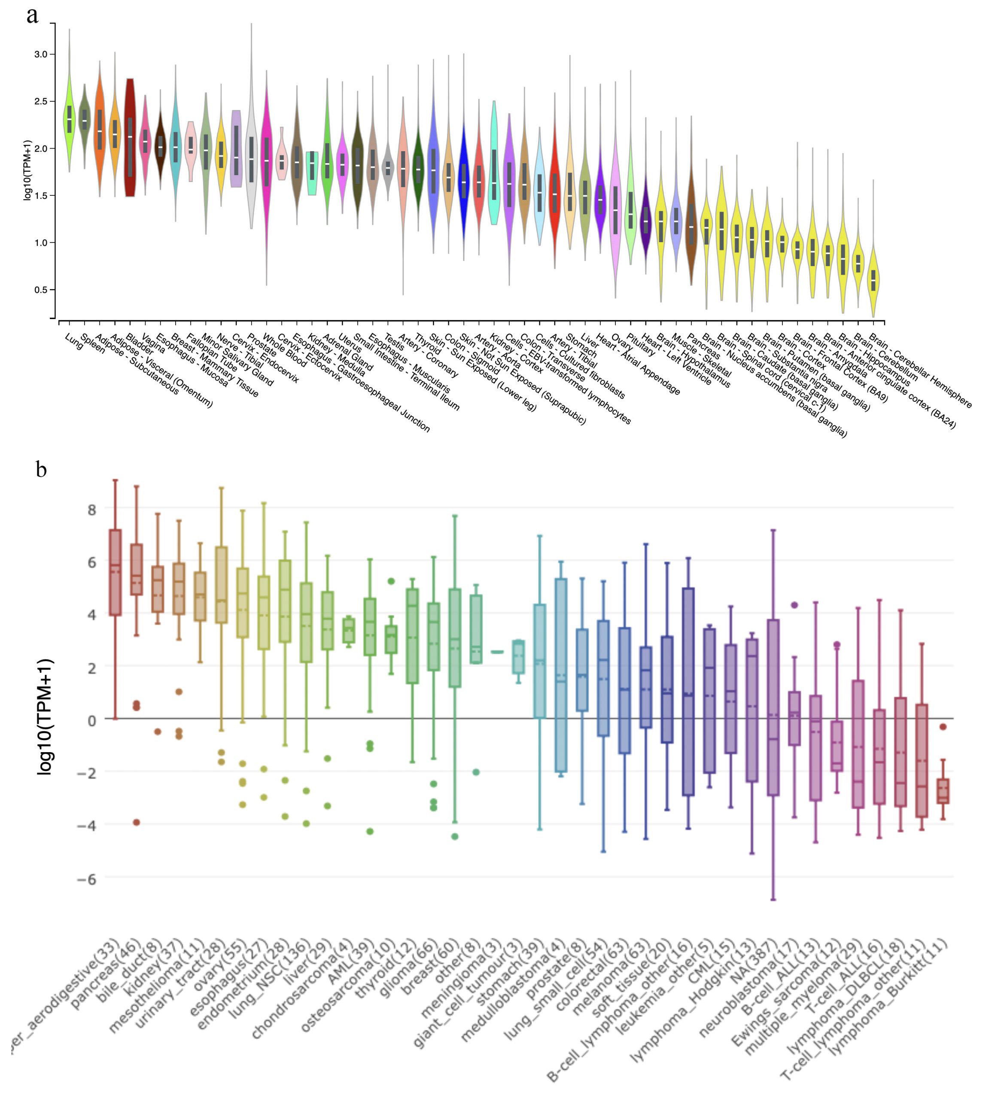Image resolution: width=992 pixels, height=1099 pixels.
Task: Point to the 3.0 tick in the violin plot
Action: (x=41, y=55)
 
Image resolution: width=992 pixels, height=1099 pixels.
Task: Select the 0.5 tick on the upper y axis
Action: (x=41, y=290)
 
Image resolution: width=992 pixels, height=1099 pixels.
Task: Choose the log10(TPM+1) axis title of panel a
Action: (x=27, y=170)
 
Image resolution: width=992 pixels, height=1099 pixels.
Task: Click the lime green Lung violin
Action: (x=69, y=120)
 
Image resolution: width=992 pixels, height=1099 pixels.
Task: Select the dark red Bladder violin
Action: (x=130, y=136)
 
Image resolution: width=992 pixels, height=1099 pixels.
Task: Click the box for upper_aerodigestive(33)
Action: (x=116, y=572)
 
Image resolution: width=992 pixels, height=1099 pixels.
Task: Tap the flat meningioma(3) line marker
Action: (x=497, y=652)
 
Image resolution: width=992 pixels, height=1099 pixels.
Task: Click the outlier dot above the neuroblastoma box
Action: (x=794, y=605)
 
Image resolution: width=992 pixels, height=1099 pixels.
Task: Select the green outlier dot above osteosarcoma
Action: (x=391, y=581)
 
